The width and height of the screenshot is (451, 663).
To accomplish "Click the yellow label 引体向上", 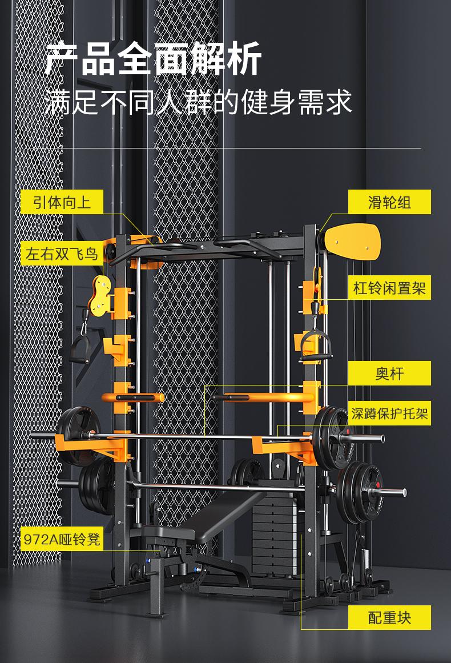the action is point(62,202).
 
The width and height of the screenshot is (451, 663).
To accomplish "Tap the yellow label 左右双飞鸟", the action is point(62,254).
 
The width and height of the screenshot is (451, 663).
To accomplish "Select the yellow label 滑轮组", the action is point(389,202).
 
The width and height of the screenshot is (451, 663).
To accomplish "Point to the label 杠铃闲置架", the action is point(389,288).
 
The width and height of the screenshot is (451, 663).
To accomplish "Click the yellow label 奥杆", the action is point(389,373).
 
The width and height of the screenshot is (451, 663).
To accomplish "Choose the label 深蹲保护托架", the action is point(389,413).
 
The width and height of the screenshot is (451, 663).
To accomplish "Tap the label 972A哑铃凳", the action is point(62,539).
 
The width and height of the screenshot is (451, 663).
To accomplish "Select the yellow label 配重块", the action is point(389,617).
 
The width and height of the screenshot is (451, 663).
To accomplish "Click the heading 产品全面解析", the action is point(153,59).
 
